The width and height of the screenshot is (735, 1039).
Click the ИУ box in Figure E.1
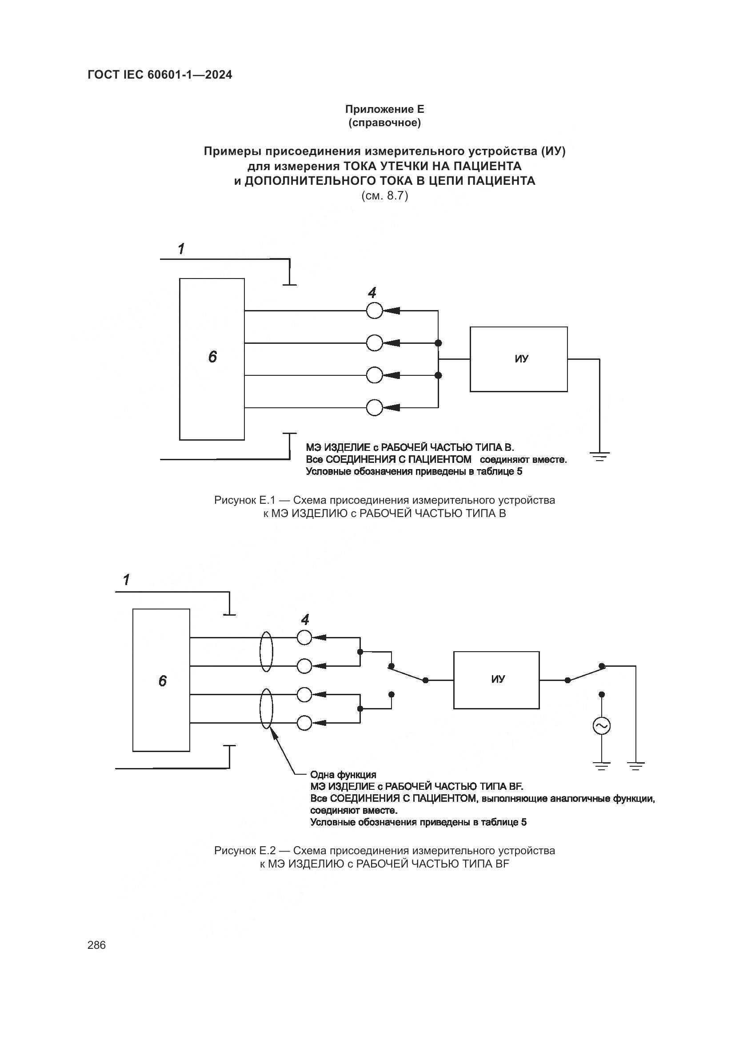tap(518, 359)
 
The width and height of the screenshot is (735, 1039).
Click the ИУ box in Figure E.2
tap(496, 679)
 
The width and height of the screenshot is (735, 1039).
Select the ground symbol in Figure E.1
tap(599, 456)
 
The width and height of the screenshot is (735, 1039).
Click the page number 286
tap(96, 945)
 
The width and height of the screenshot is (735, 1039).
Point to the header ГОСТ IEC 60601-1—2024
tap(160, 75)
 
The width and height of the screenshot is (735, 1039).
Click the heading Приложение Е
tap(384, 109)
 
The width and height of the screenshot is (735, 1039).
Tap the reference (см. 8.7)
tap(384, 196)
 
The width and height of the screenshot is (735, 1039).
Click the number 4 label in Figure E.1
tap(372, 293)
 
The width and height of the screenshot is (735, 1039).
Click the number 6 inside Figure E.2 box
tap(163, 681)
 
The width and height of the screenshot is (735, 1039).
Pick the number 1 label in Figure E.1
tap(181, 248)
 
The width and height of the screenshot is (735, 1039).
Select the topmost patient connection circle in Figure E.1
tap(374, 311)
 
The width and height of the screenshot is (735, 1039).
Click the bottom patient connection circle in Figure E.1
tap(374, 408)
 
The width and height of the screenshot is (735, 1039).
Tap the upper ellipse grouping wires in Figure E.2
tap(266, 652)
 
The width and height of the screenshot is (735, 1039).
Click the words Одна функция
tap(343, 775)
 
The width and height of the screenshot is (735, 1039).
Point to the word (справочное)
tap(384, 123)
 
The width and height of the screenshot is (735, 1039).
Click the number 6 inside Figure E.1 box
tap(212, 357)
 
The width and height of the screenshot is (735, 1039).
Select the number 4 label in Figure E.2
tap(305, 619)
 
